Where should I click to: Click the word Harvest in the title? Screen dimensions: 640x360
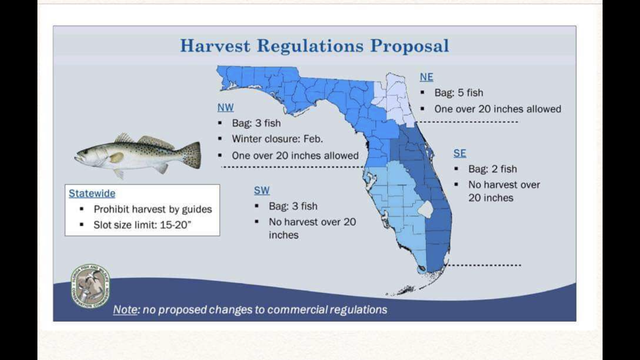[x=215, y=46]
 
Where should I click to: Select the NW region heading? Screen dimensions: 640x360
[x=225, y=108]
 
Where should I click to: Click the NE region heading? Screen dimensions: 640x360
[x=427, y=77]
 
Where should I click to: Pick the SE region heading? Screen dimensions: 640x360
[x=460, y=153]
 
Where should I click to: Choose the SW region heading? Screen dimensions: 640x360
[x=262, y=191]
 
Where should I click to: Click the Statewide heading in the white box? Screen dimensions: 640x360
[x=92, y=193]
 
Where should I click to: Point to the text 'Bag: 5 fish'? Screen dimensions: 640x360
[x=459, y=93]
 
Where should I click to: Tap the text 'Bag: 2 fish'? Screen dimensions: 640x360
[x=493, y=169]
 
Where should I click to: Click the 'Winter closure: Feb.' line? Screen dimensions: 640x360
[x=277, y=139]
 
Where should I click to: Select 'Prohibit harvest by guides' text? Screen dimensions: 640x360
[x=153, y=209]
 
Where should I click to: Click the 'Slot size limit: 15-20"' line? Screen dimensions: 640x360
[x=142, y=225]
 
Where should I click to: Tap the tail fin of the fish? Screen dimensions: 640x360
[x=192, y=155]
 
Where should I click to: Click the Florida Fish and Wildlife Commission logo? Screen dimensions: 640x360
[x=91, y=286]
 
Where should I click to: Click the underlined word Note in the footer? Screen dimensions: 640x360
[x=125, y=310]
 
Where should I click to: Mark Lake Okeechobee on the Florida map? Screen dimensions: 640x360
[x=426, y=209]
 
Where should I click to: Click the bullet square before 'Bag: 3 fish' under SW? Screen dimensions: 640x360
[x=257, y=206]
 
